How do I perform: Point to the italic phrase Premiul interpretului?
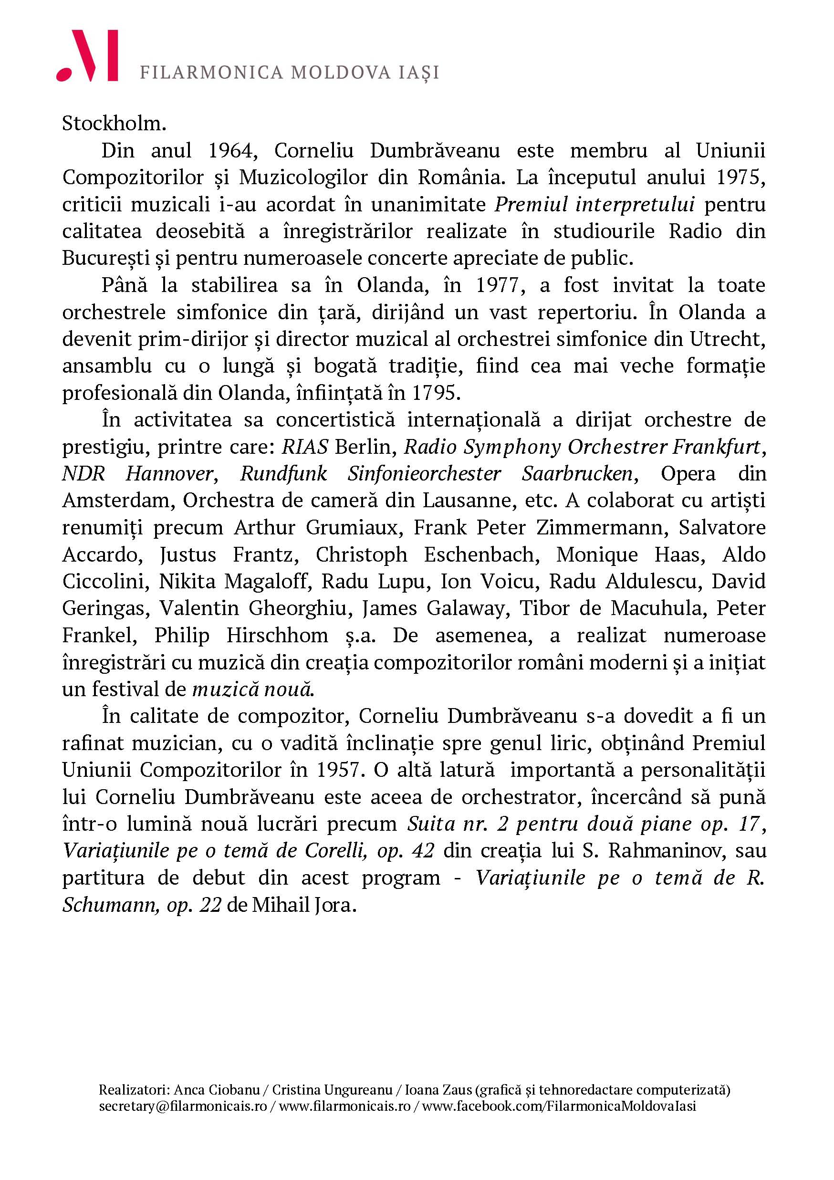pos(594,205)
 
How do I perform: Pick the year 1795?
pos(433,393)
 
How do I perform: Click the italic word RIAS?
pos(305,447)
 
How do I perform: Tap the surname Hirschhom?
pos(277,636)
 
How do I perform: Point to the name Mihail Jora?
pos(303,905)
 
